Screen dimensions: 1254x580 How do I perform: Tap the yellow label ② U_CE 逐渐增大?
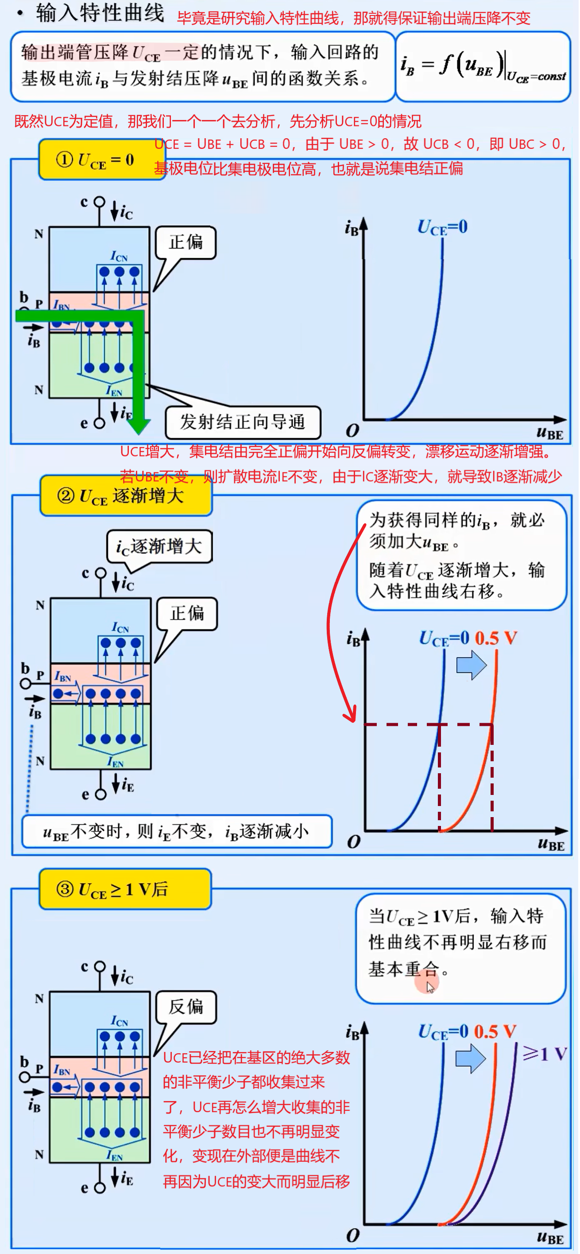tap(126, 496)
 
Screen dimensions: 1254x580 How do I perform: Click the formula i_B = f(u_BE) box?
tap(483, 67)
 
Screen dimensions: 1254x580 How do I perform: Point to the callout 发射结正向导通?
tap(242, 422)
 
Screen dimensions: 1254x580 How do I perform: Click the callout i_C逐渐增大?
tap(159, 547)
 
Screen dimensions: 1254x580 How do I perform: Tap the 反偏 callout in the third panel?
tap(186, 1007)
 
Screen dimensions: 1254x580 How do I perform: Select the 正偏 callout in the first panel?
tap(186, 242)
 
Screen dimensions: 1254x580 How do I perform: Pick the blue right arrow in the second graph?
tap(471, 665)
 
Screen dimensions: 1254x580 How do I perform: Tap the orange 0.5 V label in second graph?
tap(495, 638)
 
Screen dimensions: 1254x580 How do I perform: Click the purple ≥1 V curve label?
tap(545, 1054)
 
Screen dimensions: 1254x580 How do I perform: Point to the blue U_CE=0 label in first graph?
tap(442, 227)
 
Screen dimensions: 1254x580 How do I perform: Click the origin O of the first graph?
tap(352, 430)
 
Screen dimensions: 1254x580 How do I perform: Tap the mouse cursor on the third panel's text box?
tap(429, 987)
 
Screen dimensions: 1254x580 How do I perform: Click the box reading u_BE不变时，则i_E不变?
tap(177, 831)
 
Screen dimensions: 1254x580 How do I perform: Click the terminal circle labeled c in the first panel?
tap(99, 202)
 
